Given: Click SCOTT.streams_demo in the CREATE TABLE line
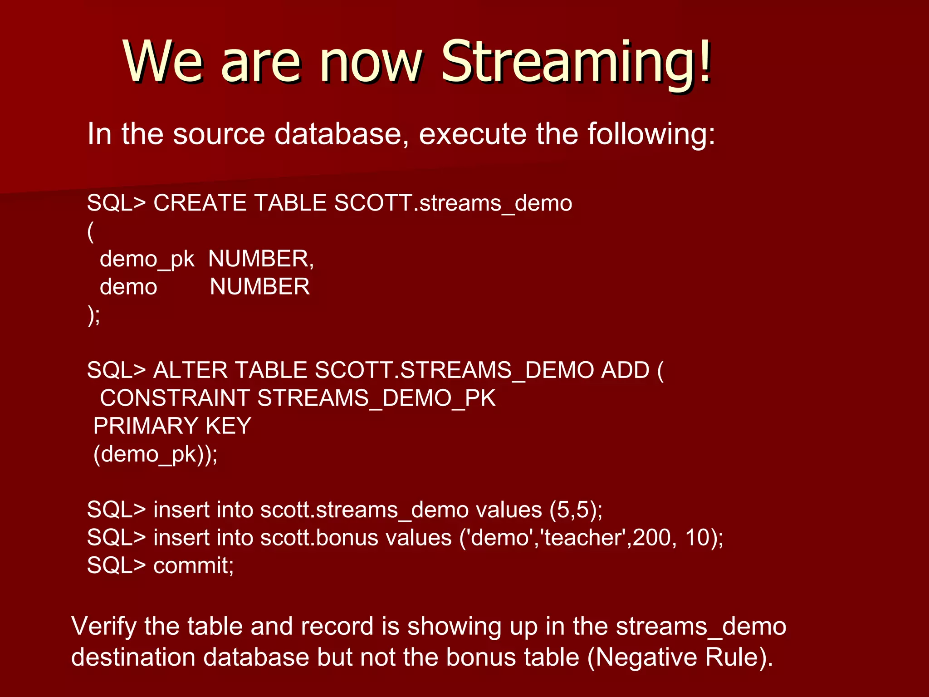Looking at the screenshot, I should pos(453,203).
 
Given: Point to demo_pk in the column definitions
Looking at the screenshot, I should pos(147,260).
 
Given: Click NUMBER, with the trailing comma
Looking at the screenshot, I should pos(261,259).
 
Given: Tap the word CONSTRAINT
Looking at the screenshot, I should pos(175,398).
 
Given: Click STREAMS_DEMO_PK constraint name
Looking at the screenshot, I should pos(376,398).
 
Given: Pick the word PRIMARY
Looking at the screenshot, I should pos(146,426).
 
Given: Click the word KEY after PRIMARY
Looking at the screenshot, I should pos(228,426).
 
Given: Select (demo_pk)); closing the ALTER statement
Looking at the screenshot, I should pos(155,454).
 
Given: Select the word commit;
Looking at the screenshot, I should pos(194,566).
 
